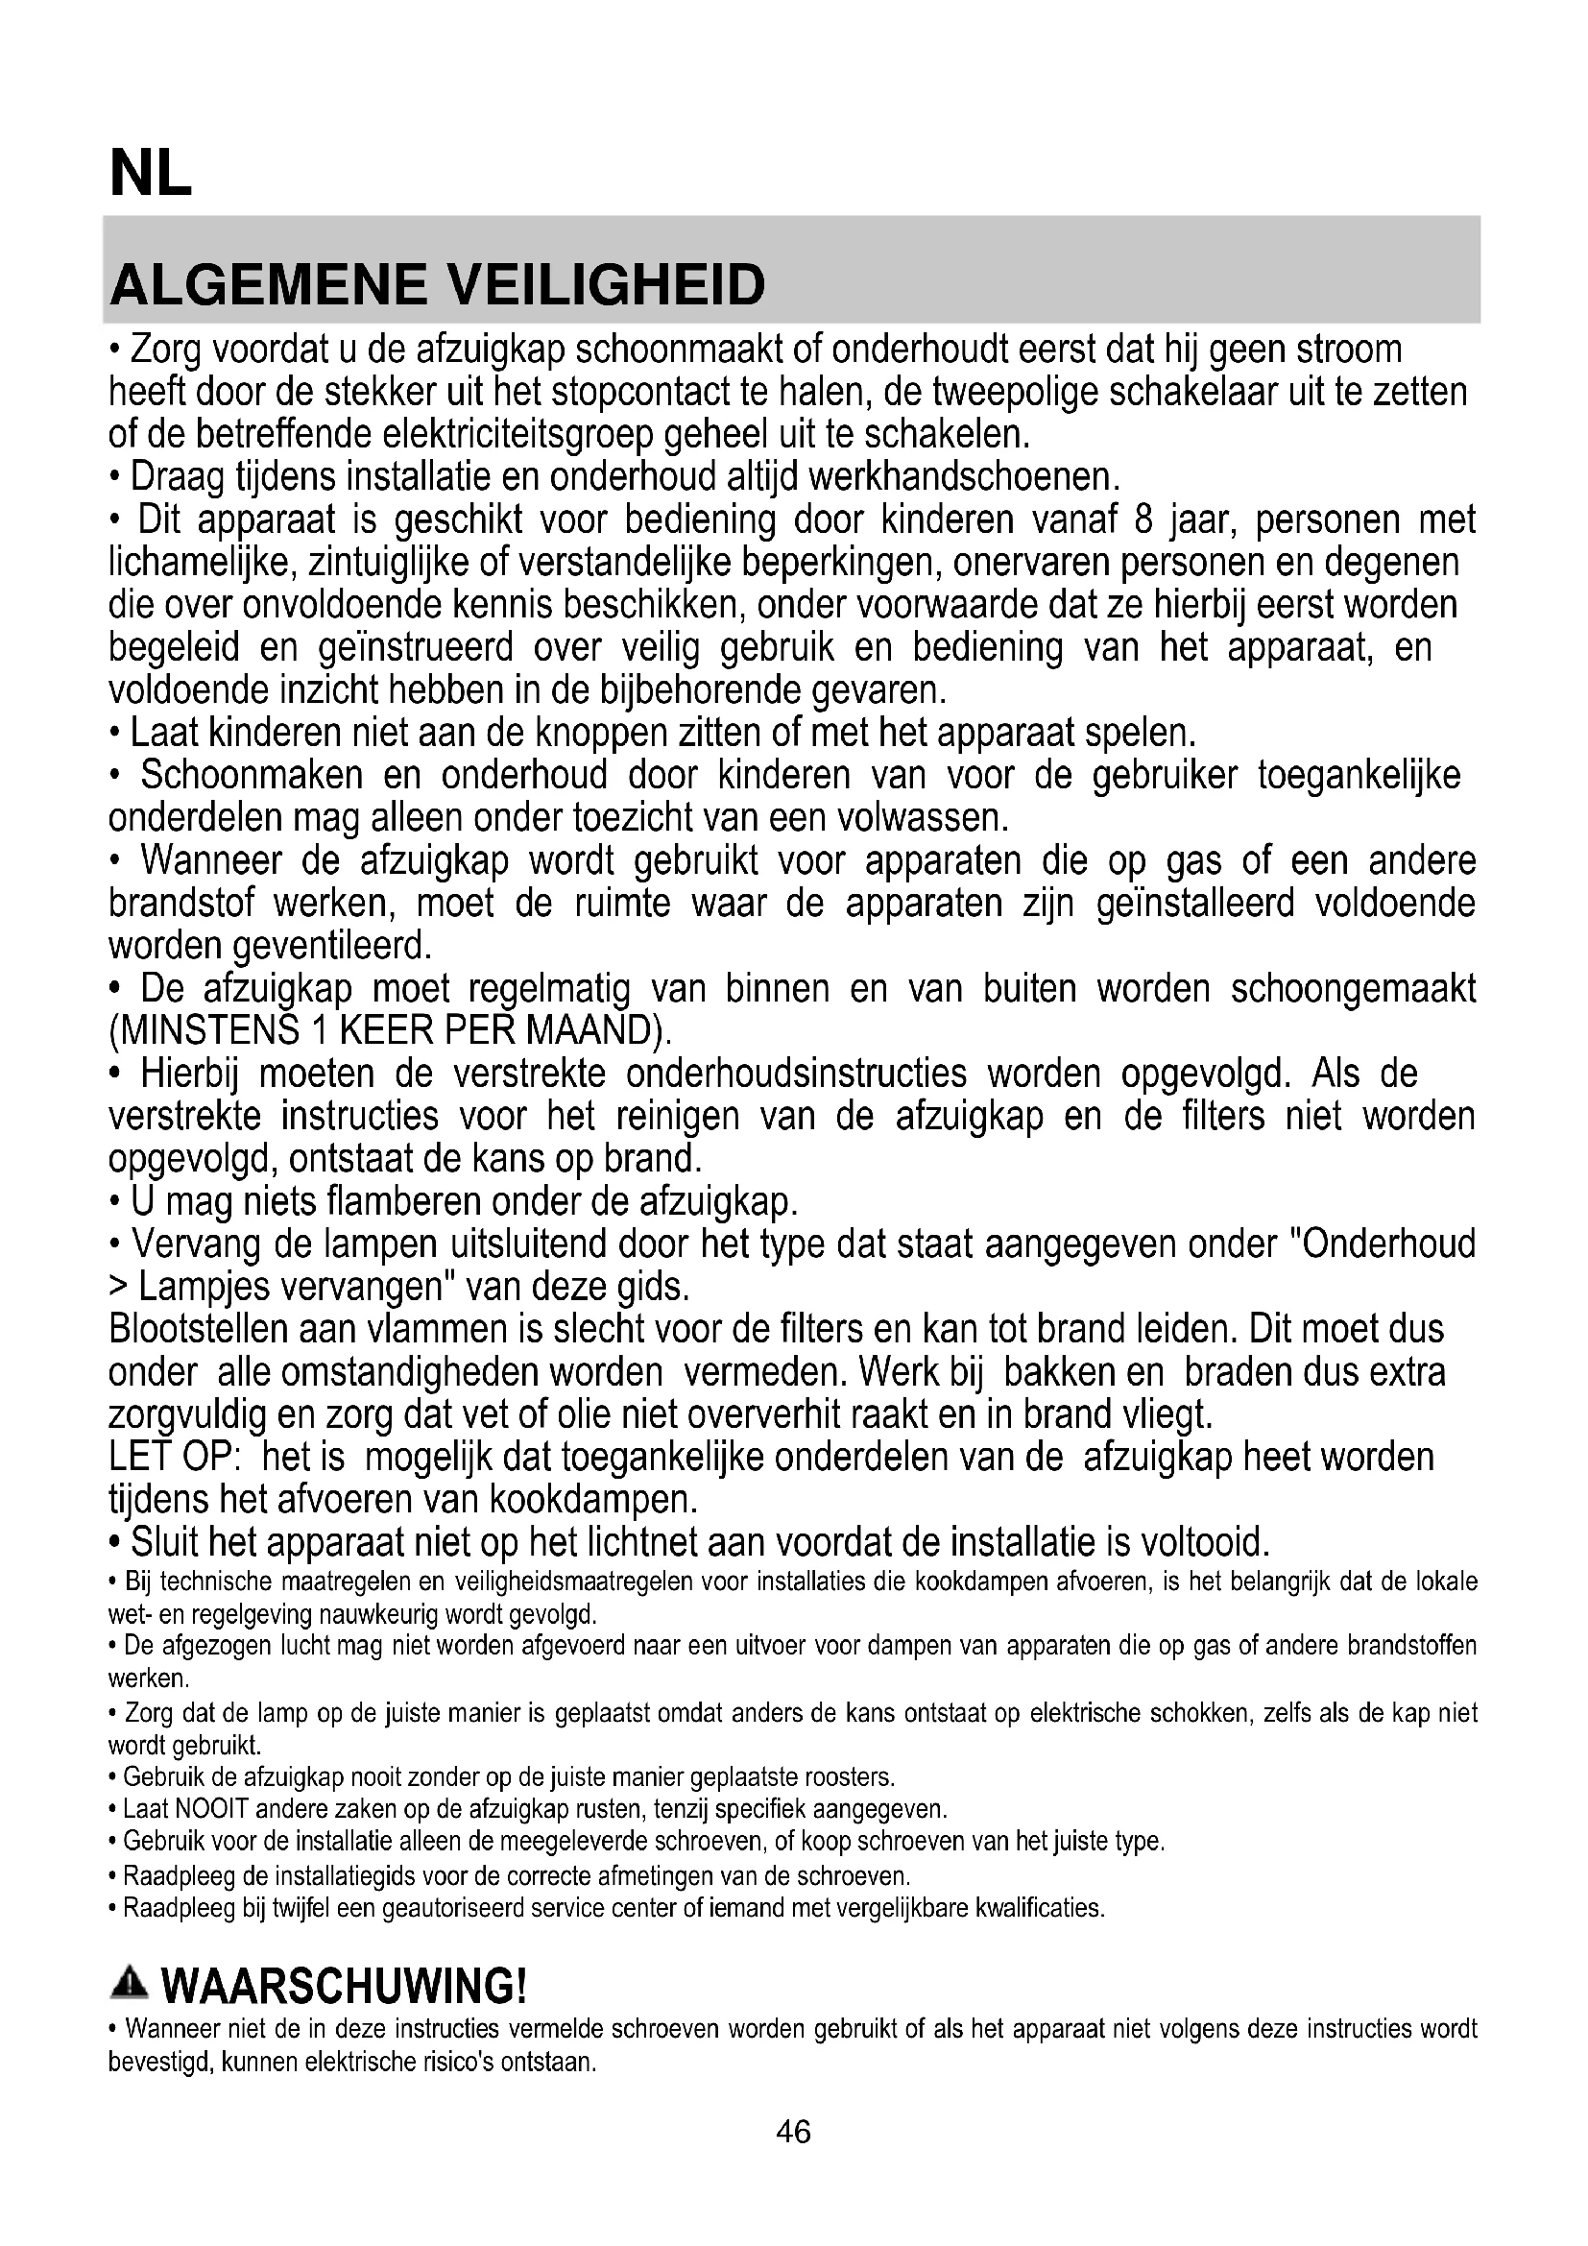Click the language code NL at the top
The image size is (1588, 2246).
coord(151,175)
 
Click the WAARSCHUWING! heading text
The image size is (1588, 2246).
coord(345,1987)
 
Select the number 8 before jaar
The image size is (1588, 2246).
coord(1143,519)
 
